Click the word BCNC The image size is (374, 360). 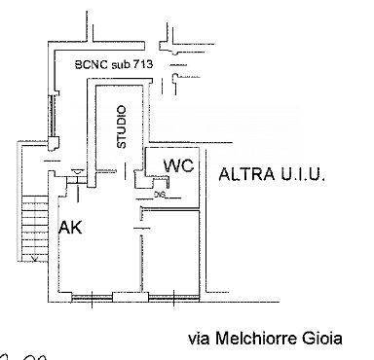[x=93, y=66]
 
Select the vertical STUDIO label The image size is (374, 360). [x=122, y=126]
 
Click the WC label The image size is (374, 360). [x=178, y=165]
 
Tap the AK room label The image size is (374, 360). [x=70, y=229]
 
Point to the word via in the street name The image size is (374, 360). [x=199, y=339]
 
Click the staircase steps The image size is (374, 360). [x=34, y=224]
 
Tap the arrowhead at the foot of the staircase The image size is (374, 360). [x=34, y=260]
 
